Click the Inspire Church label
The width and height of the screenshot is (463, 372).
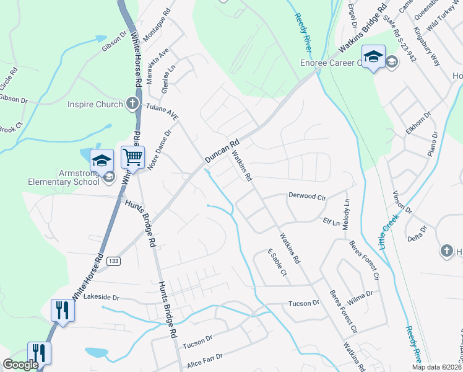(x=95, y=104)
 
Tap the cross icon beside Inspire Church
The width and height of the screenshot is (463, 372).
(x=132, y=104)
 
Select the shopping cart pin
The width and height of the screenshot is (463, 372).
(x=132, y=159)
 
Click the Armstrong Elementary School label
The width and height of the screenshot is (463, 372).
(x=64, y=177)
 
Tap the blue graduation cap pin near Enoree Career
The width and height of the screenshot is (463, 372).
(x=373, y=58)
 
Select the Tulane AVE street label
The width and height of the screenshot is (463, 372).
(x=162, y=112)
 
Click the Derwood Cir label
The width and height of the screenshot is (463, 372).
(x=307, y=196)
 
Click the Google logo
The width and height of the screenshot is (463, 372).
(x=20, y=365)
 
